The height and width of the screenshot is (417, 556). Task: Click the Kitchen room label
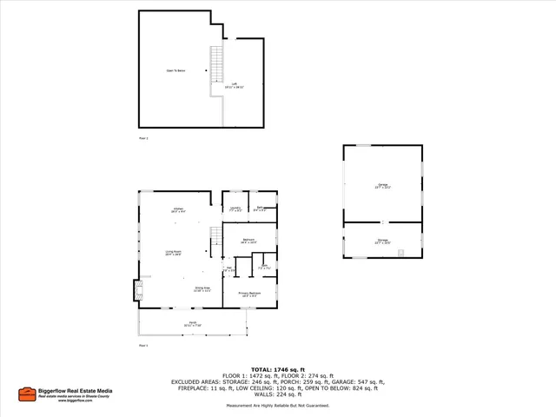point(177,210)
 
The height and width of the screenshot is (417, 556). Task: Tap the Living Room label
point(174,253)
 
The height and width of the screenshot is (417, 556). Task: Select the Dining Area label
point(202,289)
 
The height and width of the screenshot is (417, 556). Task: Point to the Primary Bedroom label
point(249,294)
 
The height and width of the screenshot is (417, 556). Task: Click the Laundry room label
point(235,208)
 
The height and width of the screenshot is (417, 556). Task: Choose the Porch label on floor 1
point(192,325)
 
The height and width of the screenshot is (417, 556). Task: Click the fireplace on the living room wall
point(136,289)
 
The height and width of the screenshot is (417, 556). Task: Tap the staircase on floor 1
point(216,237)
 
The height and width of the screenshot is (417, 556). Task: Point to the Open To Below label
point(176,70)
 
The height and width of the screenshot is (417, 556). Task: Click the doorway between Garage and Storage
point(382,224)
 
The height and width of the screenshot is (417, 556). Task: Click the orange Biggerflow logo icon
point(27,394)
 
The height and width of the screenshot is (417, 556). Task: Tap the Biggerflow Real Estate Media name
point(76,391)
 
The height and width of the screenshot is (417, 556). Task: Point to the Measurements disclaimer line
point(278,406)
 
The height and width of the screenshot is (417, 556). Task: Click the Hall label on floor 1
point(229,269)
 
